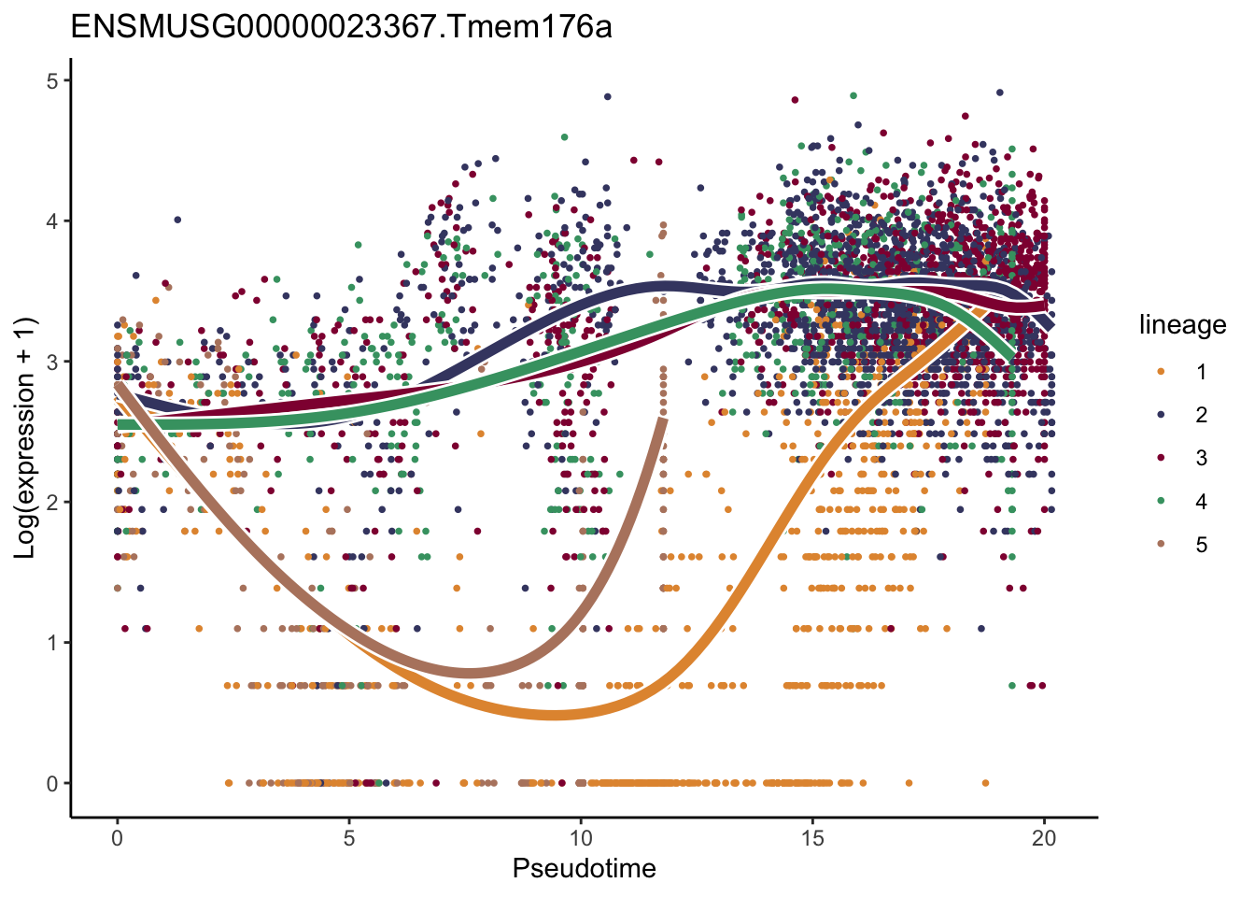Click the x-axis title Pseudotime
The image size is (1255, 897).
[584, 869]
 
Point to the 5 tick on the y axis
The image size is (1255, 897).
[52, 81]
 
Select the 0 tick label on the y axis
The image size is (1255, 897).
[52, 784]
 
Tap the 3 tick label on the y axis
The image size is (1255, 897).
[52, 363]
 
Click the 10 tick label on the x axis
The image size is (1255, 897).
[580, 838]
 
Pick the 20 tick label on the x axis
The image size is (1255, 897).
[1044, 838]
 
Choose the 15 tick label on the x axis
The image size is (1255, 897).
[812, 838]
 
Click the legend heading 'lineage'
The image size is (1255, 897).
[1182, 325]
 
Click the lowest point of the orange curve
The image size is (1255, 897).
[555, 715]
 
